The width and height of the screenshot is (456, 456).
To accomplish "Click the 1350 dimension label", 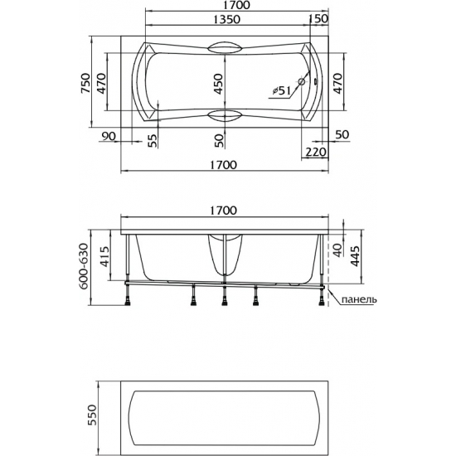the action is click(227, 19).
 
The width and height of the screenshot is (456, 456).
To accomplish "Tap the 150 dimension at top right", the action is click(319, 18).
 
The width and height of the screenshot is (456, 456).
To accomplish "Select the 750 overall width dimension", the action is click(85, 83).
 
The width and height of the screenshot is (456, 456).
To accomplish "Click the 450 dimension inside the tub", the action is click(218, 84).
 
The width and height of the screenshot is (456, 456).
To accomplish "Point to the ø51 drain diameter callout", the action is click(282, 91).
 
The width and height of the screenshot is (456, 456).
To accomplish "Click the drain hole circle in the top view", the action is click(302, 82).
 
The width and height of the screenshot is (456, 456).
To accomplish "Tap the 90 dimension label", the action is click(109, 136).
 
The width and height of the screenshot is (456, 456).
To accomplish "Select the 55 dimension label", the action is click(152, 141).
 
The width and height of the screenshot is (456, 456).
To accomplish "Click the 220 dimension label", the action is click(316, 152).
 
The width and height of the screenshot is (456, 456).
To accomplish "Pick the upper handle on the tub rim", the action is click(225, 48).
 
